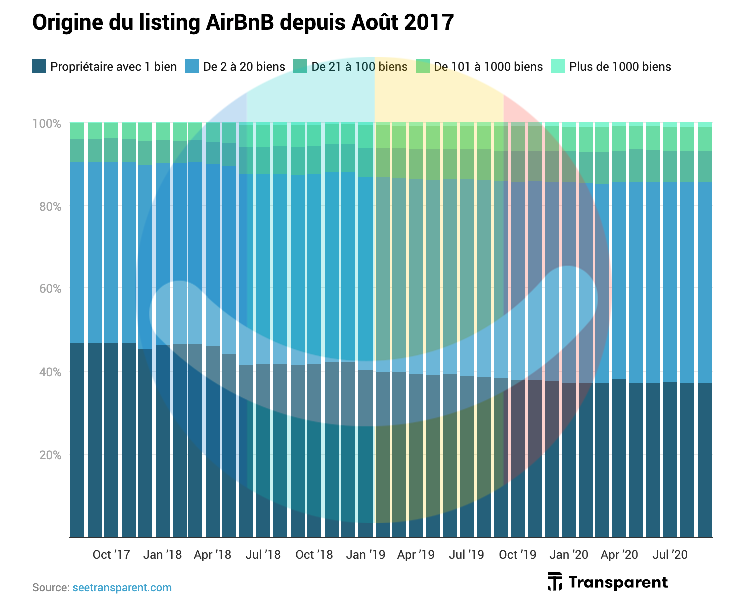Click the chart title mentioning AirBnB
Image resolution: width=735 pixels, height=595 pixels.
(243, 23)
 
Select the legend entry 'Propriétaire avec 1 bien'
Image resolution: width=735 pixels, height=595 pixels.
(113, 67)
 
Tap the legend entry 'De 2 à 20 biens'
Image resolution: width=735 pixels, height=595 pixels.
(244, 67)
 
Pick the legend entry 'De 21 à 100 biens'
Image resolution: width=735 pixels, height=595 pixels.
(359, 67)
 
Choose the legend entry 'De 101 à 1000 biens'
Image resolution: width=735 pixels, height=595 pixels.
(488, 67)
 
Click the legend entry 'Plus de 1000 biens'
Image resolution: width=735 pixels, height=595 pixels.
(620, 67)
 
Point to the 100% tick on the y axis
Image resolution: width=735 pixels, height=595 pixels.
(50, 123)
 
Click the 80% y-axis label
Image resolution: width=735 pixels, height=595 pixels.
(50, 206)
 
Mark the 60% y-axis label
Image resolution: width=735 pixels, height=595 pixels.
(50, 289)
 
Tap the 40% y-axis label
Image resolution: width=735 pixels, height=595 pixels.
(50, 372)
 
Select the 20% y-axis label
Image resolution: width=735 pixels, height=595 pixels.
(50, 455)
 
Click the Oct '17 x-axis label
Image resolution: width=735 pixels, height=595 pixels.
(111, 555)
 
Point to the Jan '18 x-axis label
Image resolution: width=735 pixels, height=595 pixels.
(162, 555)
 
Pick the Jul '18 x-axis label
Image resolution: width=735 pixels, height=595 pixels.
(263, 555)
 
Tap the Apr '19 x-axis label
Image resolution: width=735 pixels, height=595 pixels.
(416, 555)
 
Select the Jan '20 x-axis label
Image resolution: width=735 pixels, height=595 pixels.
(568, 555)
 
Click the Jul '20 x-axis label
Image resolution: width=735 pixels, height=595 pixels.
(670, 555)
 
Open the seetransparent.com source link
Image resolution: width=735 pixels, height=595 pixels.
(122, 587)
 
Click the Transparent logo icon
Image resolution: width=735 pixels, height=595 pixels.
(554, 582)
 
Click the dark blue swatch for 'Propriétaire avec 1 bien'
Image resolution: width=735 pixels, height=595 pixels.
(39, 66)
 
